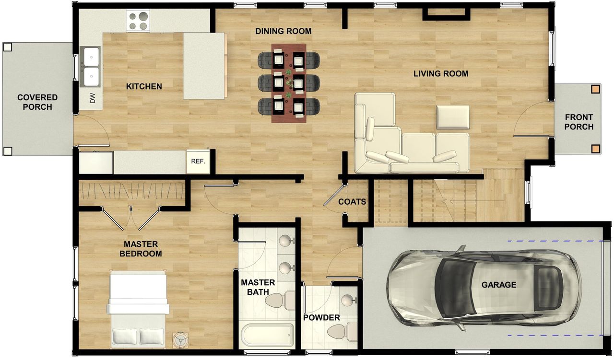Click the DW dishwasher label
93,98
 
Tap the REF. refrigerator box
198,162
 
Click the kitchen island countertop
204,66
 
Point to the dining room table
289,83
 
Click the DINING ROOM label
283,31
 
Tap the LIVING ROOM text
440,73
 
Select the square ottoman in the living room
452,117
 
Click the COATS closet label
352,202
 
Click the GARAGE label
499,285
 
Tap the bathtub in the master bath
267,335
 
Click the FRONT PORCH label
579,122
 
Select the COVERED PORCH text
37,102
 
